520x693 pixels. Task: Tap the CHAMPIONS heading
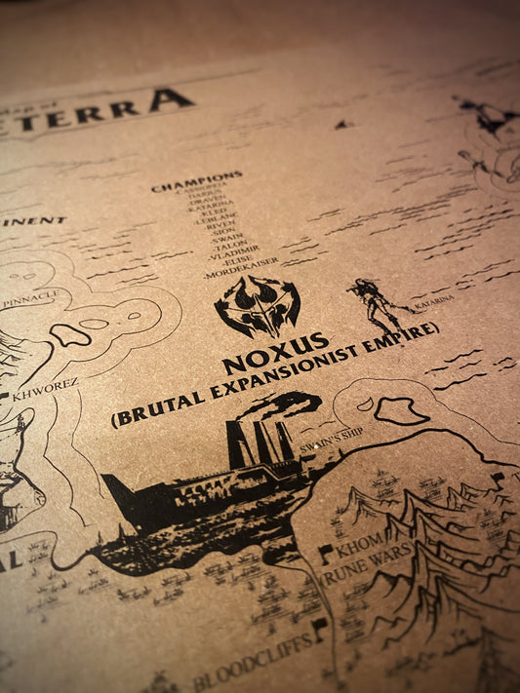[x=197, y=182]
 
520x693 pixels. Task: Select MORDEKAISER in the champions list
[x=242, y=275]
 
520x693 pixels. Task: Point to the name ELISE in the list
[x=239, y=263]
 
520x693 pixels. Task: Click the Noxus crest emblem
[x=257, y=306]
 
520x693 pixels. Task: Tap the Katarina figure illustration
[x=376, y=302]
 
